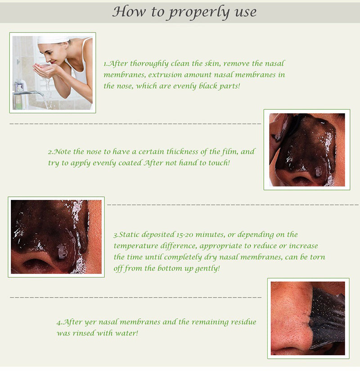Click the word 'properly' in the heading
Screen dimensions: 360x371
click(x=199, y=12)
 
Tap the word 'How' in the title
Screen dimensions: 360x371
click(x=129, y=11)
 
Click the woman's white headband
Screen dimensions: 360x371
click(x=53, y=39)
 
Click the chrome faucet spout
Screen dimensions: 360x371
click(x=28, y=93)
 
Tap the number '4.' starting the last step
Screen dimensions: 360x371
click(x=59, y=322)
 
